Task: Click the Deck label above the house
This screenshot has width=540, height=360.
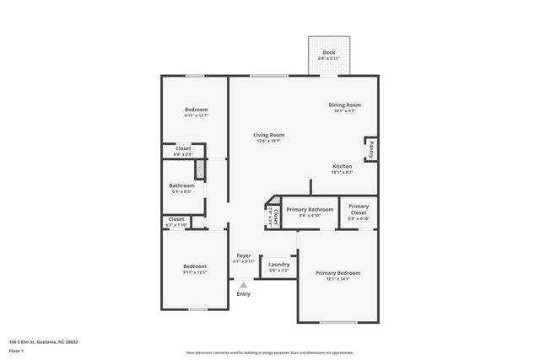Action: point(328,52)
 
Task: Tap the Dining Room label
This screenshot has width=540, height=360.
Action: point(344,105)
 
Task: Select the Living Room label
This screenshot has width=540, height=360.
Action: point(268,135)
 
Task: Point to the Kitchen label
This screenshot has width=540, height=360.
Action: point(342,166)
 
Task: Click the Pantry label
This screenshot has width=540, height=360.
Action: point(370,149)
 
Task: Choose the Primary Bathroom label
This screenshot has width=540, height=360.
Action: point(310,209)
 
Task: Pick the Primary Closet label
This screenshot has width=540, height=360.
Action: point(359,208)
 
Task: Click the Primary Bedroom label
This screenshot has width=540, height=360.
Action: point(337,272)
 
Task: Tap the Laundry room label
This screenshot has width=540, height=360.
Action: point(278,264)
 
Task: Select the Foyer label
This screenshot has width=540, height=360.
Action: point(243,255)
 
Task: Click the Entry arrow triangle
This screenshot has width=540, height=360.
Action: point(243,285)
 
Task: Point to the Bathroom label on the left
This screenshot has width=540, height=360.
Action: point(181,185)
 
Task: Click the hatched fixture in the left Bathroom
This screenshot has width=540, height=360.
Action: point(200,169)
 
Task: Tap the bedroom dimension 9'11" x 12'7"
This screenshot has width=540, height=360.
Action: point(196,116)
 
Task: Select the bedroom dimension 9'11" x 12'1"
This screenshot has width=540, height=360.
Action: point(195,272)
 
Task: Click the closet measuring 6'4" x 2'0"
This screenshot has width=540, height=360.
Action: point(183,151)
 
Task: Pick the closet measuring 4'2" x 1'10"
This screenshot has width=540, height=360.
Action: point(175,222)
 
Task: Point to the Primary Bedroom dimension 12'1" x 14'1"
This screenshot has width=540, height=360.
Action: point(337,278)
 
